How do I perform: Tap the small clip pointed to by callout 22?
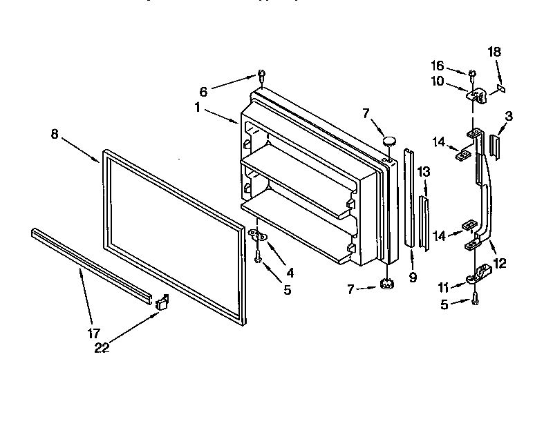[163, 301]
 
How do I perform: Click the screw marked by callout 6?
[261, 74]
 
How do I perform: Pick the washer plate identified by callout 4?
[258, 237]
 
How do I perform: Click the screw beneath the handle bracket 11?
[476, 299]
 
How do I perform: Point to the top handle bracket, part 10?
[476, 95]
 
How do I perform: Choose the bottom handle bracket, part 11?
[476, 278]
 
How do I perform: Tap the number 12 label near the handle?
[501, 262]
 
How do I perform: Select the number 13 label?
[424, 172]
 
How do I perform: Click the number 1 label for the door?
[197, 108]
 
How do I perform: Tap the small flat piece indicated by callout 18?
[501, 88]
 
